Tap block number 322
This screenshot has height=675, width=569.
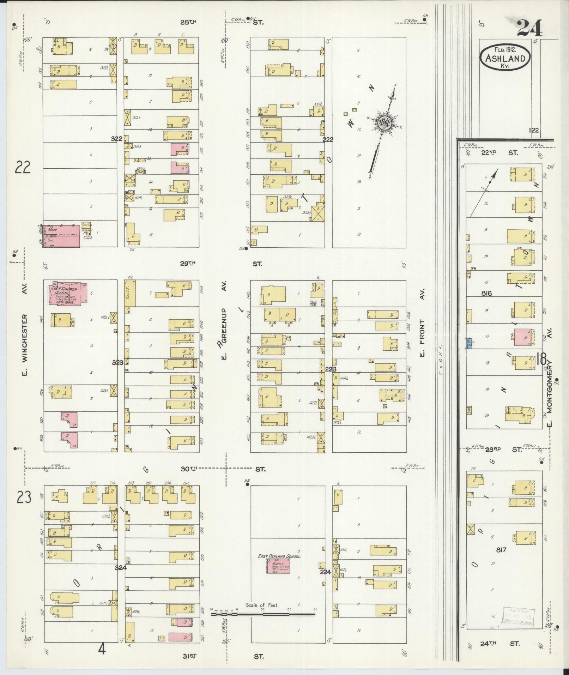(116, 139)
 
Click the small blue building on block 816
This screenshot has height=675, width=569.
(469, 343)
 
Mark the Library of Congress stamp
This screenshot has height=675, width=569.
(519, 617)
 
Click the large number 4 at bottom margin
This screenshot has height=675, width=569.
(102, 649)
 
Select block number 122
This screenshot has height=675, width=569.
(534, 130)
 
